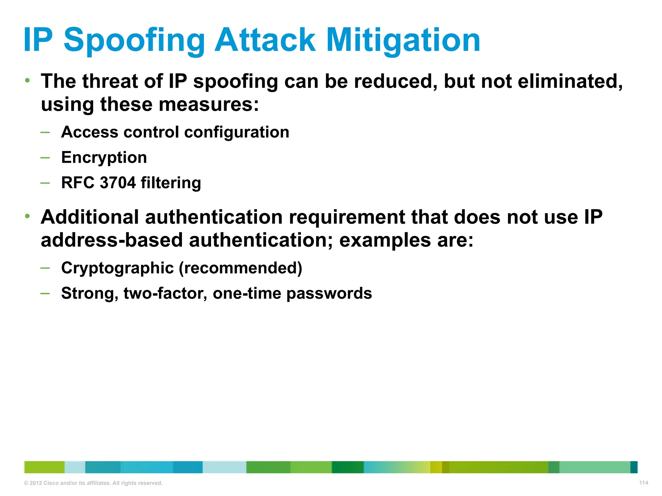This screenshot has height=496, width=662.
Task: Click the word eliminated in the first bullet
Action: (570, 81)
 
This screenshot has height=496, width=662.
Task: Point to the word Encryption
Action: (104, 158)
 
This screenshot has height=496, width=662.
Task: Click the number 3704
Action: (118, 183)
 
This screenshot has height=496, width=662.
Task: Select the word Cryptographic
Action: (117, 268)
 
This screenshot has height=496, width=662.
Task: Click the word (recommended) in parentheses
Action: (240, 268)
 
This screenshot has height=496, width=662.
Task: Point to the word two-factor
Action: (165, 293)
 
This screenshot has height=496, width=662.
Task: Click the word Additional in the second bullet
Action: (90, 217)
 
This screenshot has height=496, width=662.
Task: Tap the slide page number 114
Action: (644, 483)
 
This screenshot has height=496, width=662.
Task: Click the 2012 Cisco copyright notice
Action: (93, 483)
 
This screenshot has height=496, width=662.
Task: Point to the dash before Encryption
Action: (45, 158)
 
